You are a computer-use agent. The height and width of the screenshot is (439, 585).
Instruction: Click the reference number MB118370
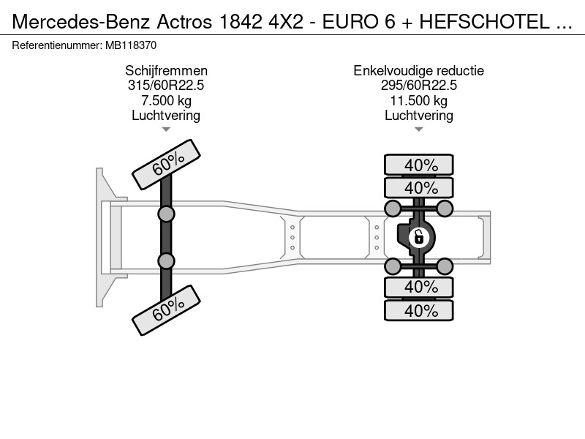coord(131,45)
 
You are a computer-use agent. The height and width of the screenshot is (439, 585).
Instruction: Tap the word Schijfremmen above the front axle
coord(166,71)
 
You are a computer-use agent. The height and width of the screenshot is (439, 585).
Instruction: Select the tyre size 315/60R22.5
coord(166,86)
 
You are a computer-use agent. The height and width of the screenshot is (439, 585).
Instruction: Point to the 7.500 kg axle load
coord(166,100)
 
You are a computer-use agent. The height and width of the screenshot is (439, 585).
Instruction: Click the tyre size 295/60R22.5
coord(418,86)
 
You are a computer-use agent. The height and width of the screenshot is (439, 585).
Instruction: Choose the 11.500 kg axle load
coord(418,100)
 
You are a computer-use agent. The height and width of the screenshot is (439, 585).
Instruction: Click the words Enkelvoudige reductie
coord(418,71)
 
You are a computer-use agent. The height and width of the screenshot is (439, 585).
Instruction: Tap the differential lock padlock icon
coord(418,237)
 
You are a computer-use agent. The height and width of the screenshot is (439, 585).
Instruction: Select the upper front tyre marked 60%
coord(167,164)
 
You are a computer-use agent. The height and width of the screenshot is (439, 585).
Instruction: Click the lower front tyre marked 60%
coord(167,310)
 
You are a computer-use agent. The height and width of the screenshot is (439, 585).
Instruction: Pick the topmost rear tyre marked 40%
coord(419,165)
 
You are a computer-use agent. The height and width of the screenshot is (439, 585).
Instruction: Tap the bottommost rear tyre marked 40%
coord(419,310)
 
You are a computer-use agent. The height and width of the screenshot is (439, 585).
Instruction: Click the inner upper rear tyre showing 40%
coord(419,187)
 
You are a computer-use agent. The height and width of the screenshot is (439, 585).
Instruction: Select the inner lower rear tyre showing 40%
coord(419,287)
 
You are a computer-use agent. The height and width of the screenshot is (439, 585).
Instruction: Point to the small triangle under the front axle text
coord(166,130)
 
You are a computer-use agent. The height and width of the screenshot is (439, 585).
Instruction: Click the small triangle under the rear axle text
coord(418,130)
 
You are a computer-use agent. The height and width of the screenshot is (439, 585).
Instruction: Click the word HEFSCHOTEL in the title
coord(484,22)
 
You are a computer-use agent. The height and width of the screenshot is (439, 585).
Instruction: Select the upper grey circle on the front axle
coord(166,214)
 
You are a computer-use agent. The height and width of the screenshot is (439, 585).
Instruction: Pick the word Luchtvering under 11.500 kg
coord(418,116)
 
